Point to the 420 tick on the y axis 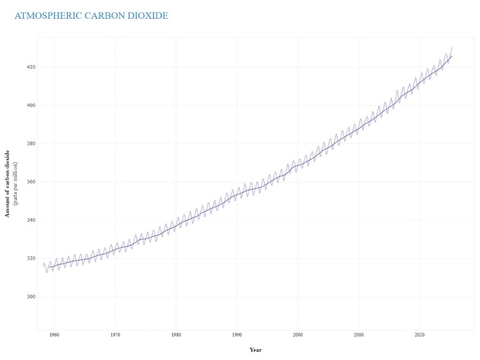(x=31, y=67)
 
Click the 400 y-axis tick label (x=31, y=105)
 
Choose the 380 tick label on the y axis (x=31, y=143)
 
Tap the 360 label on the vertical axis (x=31, y=182)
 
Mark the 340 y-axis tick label (x=31, y=220)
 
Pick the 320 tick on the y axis (x=31, y=258)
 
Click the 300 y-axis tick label (x=31, y=297)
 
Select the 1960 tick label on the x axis (x=54, y=335)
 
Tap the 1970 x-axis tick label (x=115, y=335)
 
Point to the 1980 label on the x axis (x=176, y=335)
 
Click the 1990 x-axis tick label (x=237, y=335)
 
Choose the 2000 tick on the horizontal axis (x=298, y=335)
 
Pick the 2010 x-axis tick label (x=359, y=335)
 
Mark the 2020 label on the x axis (x=420, y=335)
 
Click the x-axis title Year (x=256, y=349)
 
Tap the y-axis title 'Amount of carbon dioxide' (x=8, y=183)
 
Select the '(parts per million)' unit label (x=15, y=183)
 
